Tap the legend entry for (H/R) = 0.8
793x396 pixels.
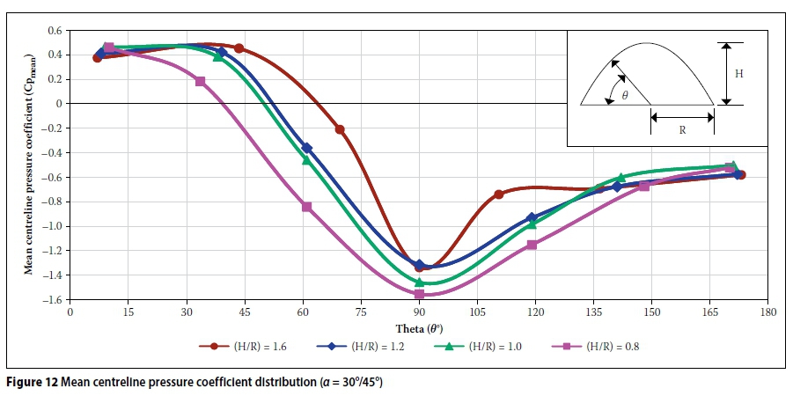tap(607, 347)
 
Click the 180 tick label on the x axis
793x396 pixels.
tap(768, 313)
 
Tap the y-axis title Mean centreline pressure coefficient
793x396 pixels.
tap(27, 165)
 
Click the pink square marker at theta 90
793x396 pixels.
tap(419, 294)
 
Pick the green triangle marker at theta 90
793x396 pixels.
tap(419, 282)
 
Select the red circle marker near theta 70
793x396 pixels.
tap(340, 129)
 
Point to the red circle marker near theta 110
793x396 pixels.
tap(498, 194)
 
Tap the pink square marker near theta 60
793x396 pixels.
tap(306, 207)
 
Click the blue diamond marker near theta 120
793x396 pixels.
tap(531, 217)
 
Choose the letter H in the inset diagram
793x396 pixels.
tap(738, 75)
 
